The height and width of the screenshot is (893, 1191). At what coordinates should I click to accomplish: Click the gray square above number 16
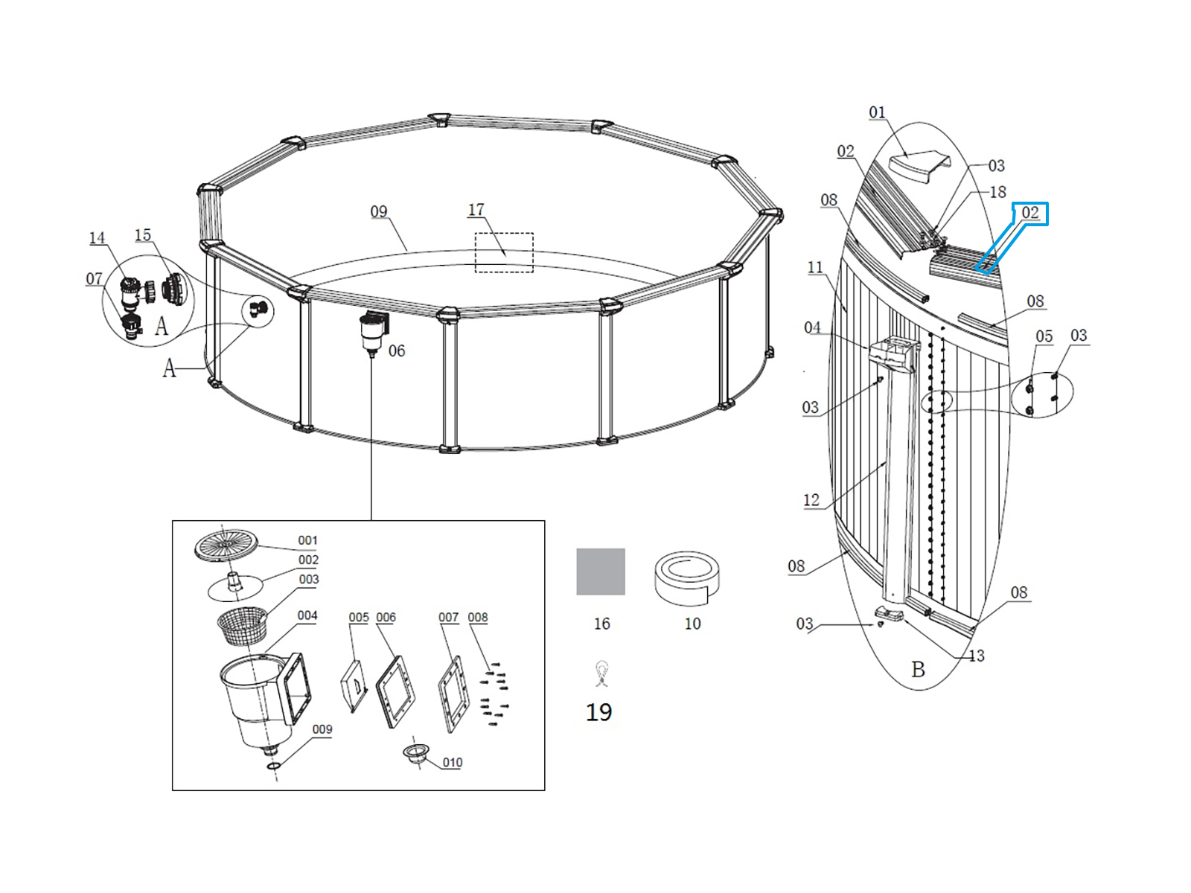tap(600, 572)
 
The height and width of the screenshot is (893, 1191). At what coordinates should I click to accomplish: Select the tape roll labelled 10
tap(687, 578)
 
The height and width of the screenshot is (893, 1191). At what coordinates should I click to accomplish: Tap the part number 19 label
tap(598, 712)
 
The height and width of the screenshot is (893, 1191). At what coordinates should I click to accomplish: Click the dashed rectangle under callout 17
tap(504, 253)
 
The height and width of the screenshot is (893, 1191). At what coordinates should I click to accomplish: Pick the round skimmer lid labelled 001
tap(226, 545)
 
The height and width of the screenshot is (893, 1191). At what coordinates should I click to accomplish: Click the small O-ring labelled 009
tap(273, 766)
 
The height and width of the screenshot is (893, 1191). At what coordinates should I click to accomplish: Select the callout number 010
tap(453, 762)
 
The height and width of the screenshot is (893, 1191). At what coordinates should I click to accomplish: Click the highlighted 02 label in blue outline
tap(1030, 213)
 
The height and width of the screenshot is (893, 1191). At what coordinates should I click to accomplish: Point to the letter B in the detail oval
tap(918, 670)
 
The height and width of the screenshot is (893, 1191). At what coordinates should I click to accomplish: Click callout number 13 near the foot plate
tap(976, 656)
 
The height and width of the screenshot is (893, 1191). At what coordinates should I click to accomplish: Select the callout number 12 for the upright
tap(811, 499)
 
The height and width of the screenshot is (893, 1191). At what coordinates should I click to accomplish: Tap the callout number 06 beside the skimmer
tap(397, 351)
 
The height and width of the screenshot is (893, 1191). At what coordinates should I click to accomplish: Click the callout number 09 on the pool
tap(379, 211)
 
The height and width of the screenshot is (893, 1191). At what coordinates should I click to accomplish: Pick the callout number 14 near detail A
tap(97, 237)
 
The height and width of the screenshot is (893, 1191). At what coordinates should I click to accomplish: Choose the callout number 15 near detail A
tap(143, 234)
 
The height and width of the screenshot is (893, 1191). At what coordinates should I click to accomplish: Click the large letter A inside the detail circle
tap(162, 327)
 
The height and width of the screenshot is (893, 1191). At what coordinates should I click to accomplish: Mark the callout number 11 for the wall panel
tap(816, 266)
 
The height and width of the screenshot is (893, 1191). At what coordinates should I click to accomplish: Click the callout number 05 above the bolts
tap(1044, 336)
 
